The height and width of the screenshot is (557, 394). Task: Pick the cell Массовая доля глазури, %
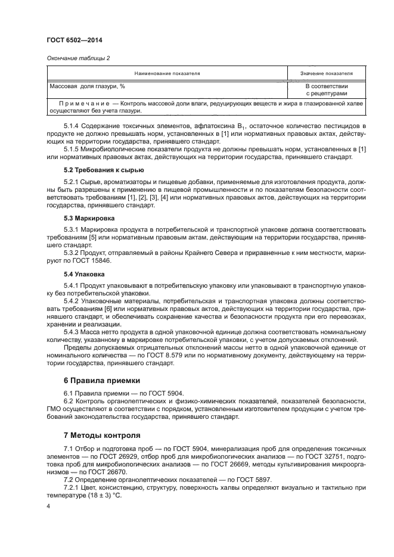(83, 86)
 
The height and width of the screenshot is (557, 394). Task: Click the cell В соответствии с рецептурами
(327, 90)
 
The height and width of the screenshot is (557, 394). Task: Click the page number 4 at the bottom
(48, 506)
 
